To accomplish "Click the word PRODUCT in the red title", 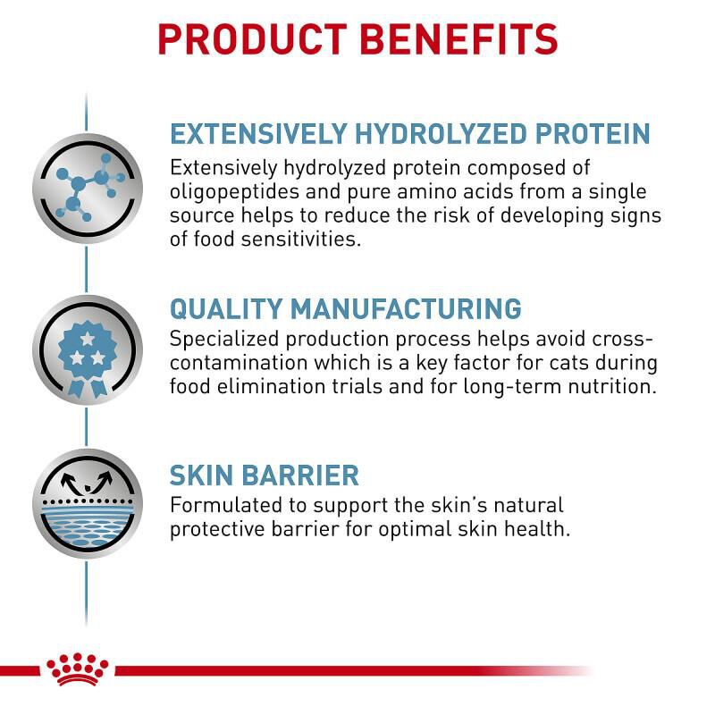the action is (x=252, y=39).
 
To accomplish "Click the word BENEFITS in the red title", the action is (x=459, y=39).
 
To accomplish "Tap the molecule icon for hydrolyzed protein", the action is (x=88, y=188).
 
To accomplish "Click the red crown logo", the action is (x=77, y=669).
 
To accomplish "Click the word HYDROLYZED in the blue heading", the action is (x=441, y=133).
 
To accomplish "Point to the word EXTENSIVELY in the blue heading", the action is (x=258, y=133).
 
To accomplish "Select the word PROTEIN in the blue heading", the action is (x=593, y=133).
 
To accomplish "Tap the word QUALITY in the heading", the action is (x=226, y=308).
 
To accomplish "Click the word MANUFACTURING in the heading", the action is (x=406, y=308).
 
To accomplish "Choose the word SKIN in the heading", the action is (x=202, y=475).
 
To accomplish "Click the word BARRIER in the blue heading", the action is (x=300, y=475).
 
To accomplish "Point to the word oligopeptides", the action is (x=234, y=192).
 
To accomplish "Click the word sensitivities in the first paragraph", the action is (x=301, y=239).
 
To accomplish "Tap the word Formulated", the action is (x=226, y=505).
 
